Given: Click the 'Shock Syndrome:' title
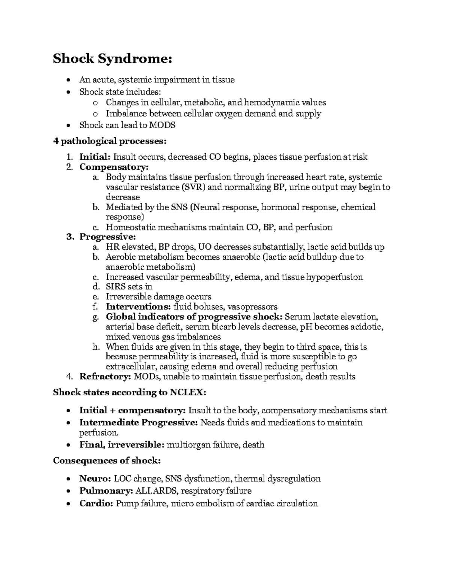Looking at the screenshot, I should [x=112, y=59].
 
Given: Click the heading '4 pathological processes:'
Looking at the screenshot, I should [x=109, y=141].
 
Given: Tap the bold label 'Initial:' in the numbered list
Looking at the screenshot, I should [x=95, y=157].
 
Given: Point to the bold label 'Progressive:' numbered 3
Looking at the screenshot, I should [x=108, y=237].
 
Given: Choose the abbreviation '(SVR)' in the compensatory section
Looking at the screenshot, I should [x=193, y=187].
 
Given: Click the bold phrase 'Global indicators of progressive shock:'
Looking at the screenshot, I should [x=194, y=317].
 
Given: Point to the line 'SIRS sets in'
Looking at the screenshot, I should [x=129, y=287].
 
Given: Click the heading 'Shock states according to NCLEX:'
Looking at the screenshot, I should [x=129, y=392].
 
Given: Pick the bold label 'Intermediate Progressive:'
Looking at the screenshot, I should [x=138, y=423].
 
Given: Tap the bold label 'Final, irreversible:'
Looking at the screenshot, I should [x=121, y=445].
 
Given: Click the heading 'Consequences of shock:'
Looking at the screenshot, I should [x=107, y=461].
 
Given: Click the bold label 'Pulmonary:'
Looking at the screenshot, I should [x=106, y=491].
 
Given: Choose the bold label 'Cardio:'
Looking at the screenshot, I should [x=96, y=503].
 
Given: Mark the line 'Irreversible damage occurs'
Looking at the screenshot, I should [x=158, y=297].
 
